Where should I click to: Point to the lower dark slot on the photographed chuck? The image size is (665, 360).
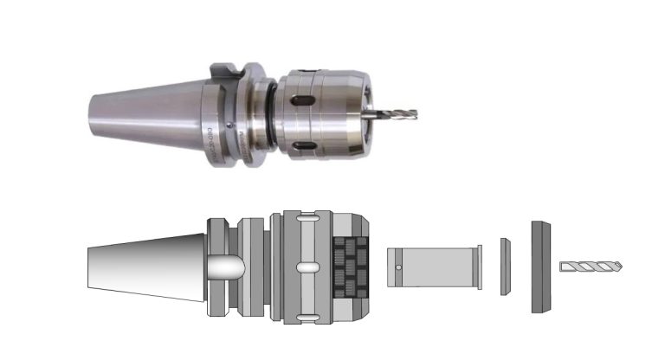point(302,145)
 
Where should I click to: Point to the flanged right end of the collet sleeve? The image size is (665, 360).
point(475,267)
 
